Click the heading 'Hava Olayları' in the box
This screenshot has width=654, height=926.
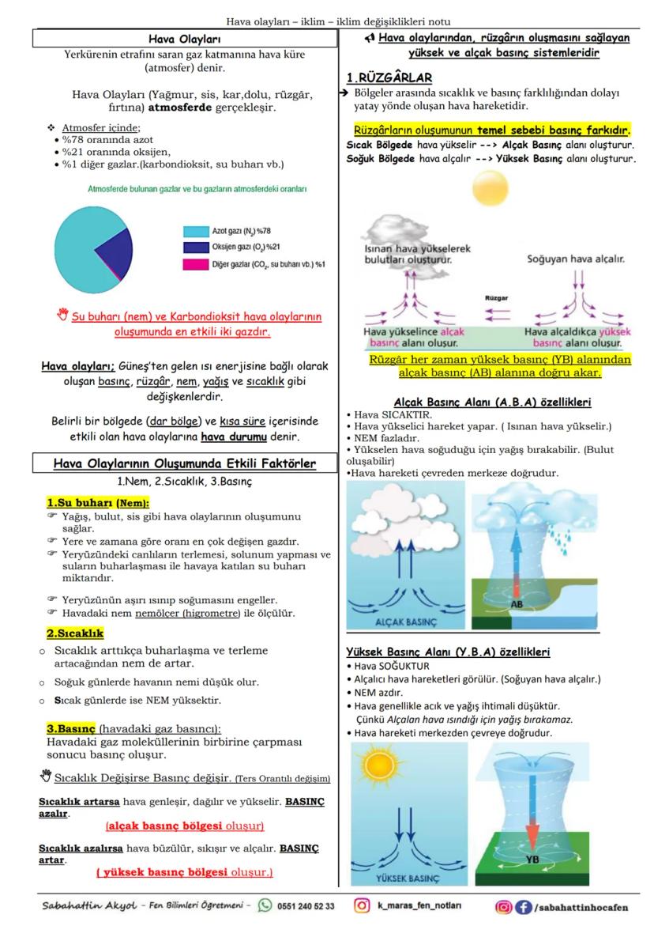185,39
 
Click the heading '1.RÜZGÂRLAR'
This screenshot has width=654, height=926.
389,77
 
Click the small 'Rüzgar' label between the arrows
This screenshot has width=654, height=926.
496,299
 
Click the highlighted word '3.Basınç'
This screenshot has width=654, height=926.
71,728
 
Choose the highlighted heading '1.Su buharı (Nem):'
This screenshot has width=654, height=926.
98,503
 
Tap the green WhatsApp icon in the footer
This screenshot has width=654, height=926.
265,905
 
